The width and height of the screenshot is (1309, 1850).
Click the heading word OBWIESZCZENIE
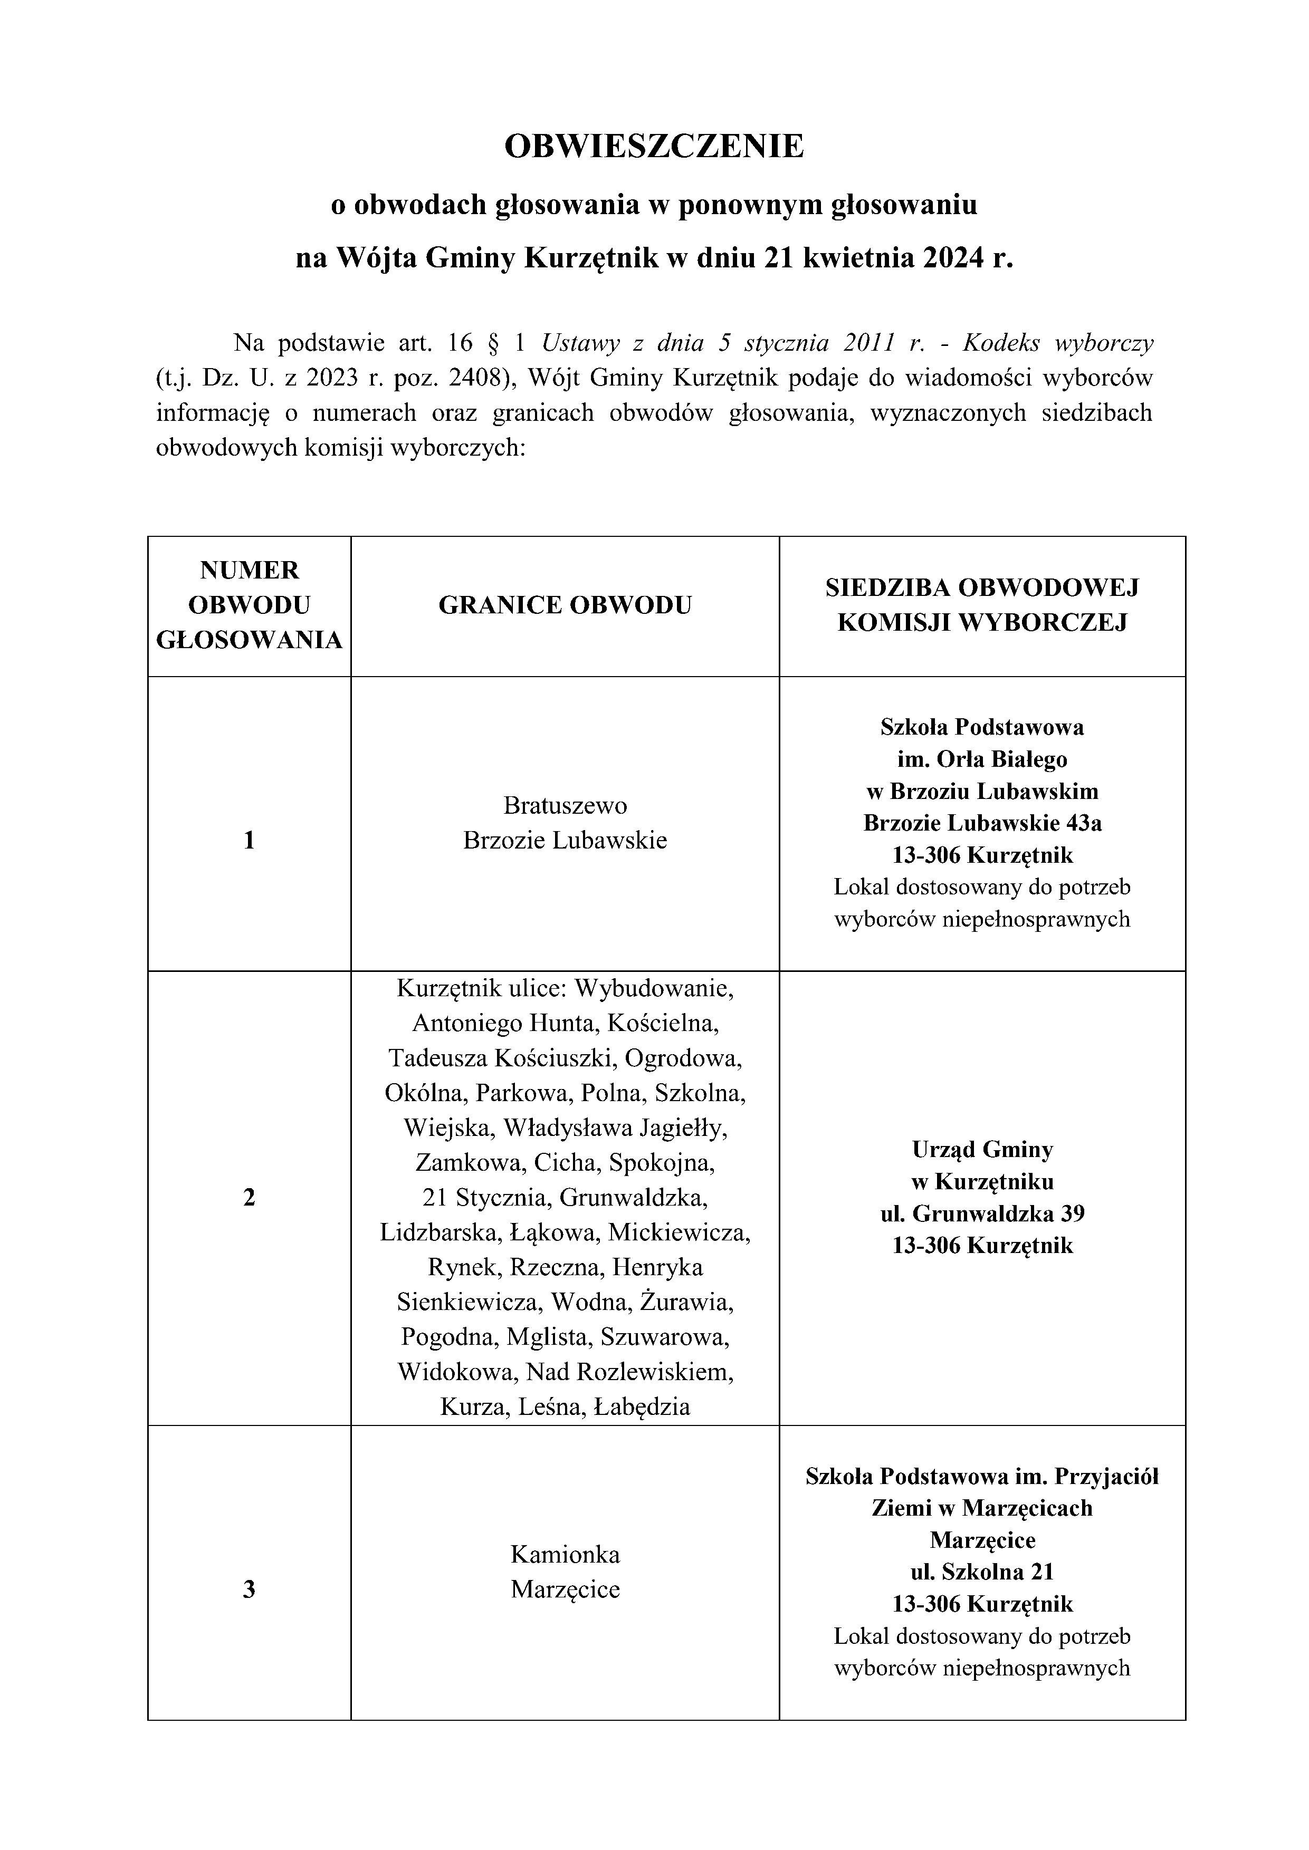point(654,147)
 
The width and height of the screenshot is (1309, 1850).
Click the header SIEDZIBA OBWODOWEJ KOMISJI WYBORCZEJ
point(982,605)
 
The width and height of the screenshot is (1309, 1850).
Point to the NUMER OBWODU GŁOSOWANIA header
point(249,605)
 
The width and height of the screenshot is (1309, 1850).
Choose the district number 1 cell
point(249,841)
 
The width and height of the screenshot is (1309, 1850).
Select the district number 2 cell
point(249,1197)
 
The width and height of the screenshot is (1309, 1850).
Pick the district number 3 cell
point(249,1589)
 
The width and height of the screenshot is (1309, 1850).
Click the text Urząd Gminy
point(982,1150)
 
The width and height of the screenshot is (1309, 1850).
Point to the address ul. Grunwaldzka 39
point(982,1213)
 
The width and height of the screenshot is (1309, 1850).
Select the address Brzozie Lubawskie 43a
point(982,823)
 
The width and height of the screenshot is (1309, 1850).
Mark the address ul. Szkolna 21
point(982,1572)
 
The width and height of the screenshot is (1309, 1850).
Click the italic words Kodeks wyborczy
point(1057,343)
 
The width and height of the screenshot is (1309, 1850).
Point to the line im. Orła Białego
point(982,759)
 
